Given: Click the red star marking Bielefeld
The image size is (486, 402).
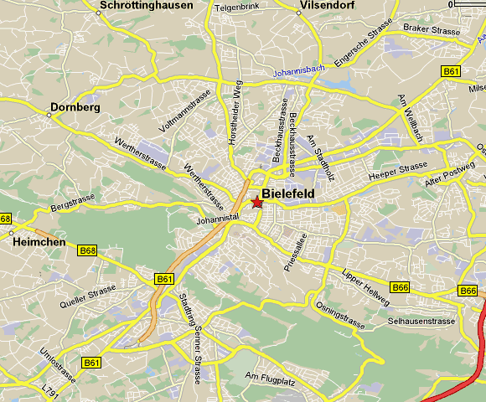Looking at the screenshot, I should click(x=256, y=203).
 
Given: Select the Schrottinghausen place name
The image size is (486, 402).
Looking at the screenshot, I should click(x=146, y=5).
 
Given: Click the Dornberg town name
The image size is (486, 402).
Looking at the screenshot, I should click(x=75, y=108).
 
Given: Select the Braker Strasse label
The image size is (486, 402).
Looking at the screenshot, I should click(x=432, y=31).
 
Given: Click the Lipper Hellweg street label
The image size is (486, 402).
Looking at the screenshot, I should click(x=366, y=285).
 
